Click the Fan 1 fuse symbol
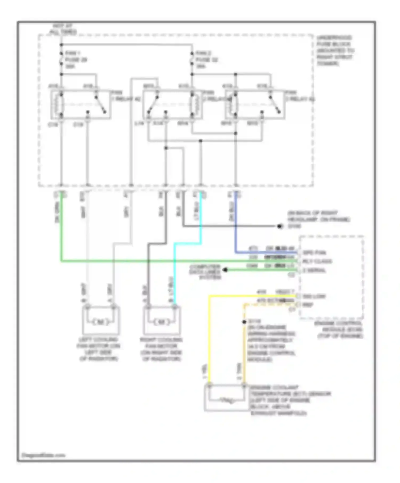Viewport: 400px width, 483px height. (61, 59)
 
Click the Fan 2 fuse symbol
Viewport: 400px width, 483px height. (192, 59)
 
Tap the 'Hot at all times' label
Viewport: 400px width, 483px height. (63, 29)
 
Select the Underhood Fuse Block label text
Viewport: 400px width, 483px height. (335, 51)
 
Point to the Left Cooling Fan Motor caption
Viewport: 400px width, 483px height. (99, 349)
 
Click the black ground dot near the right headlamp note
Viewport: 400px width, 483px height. (279, 226)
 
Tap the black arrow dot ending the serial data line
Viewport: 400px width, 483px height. (225, 270)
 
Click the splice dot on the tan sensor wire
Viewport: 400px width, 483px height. (244, 322)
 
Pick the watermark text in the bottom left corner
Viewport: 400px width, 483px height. (43, 455)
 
